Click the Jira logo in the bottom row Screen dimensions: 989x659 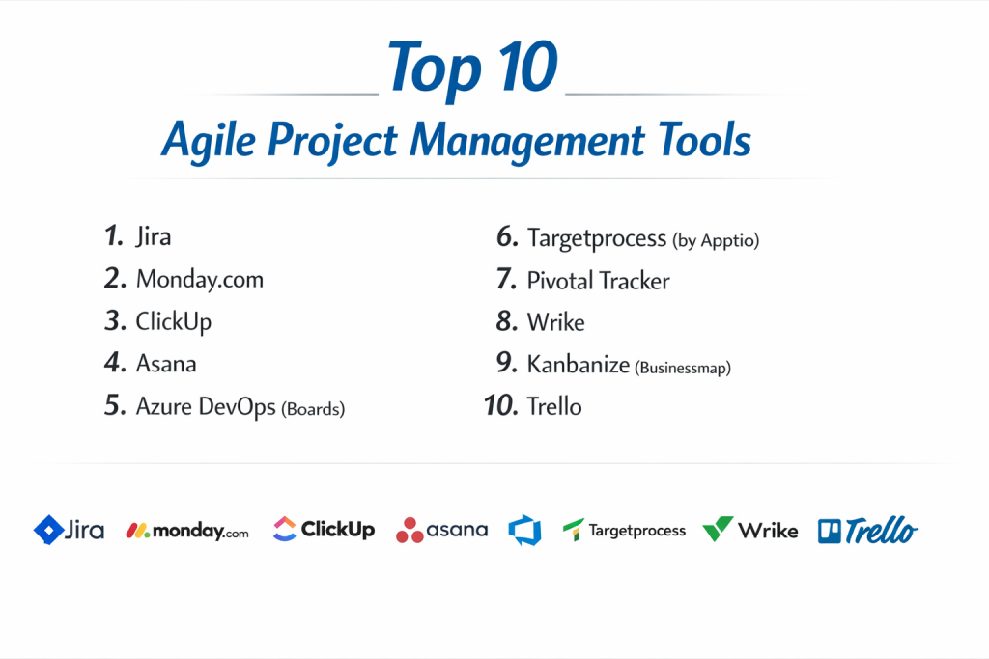pos(69,530)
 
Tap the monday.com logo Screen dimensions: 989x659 pos(187,531)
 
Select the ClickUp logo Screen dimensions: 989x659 pos(324,529)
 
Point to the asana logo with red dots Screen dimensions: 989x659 pos(441,530)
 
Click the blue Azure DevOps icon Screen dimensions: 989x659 pos(524,530)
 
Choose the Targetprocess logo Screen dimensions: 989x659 pos(624,531)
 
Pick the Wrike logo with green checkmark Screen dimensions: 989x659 pos(749,530)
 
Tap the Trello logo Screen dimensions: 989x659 pos(868,530)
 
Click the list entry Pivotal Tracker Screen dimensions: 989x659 pos(598,281)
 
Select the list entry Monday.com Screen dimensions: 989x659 pos(199,279)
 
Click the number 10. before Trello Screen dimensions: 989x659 pos(501,406)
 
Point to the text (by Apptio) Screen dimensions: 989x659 pos(716,240)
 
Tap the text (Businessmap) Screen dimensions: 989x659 pos(683,368)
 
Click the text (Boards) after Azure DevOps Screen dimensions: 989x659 pos(313,409)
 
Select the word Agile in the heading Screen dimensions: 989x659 pos(209,141)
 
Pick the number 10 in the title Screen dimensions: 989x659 pos(527,67)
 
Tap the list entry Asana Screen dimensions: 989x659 pos(166,364)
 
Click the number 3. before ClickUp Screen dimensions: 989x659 pos(116,320)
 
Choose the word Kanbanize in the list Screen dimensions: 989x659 pos(579,364)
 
